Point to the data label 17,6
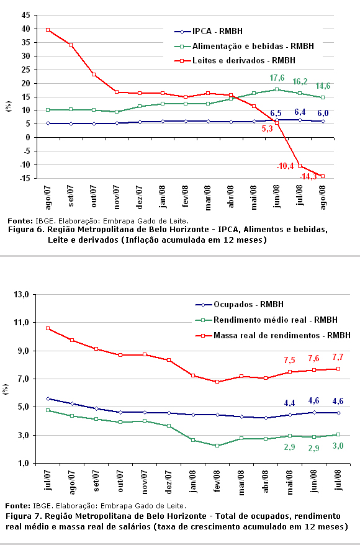[277, 78]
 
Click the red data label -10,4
[285, 166]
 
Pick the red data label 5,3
[268, 128]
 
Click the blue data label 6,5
[276, 113]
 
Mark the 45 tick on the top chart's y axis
[25, 15]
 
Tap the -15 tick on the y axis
[24, 179]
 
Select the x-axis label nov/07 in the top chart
[117, 197]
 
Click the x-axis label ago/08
[323, 197]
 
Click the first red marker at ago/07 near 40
[48, 30]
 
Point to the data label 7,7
[338, 357]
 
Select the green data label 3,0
[338, 446]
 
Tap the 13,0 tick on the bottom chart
[21, 294]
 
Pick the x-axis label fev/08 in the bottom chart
[217, 481]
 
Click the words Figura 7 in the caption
[22, 516]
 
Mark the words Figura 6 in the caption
[25, 230]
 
